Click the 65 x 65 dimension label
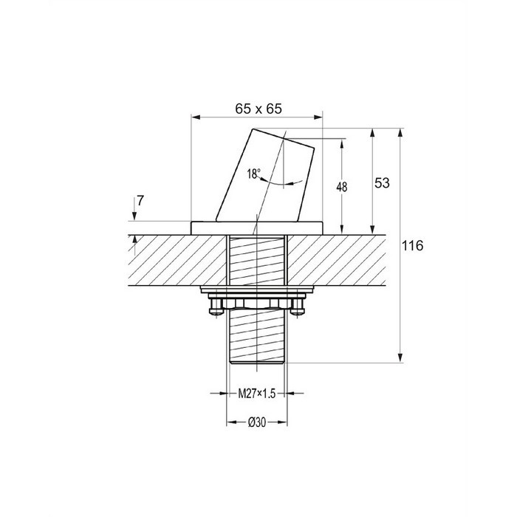258,109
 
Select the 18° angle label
253,174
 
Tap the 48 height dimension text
342,187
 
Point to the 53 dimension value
382,183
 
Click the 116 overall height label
412,246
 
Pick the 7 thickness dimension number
140,200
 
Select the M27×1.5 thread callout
257,394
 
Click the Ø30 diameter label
257,422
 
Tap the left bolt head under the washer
216,307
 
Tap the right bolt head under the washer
298,307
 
